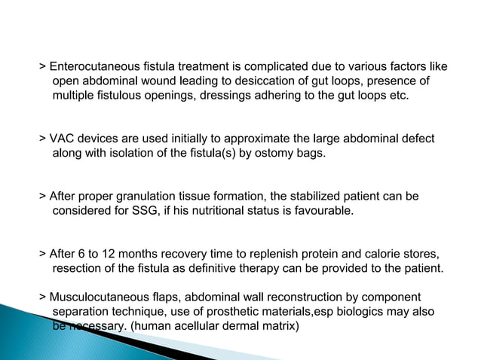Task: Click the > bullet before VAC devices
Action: click(x=42, y=140)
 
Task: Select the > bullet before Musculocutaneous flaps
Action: click(x=42, y=297)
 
